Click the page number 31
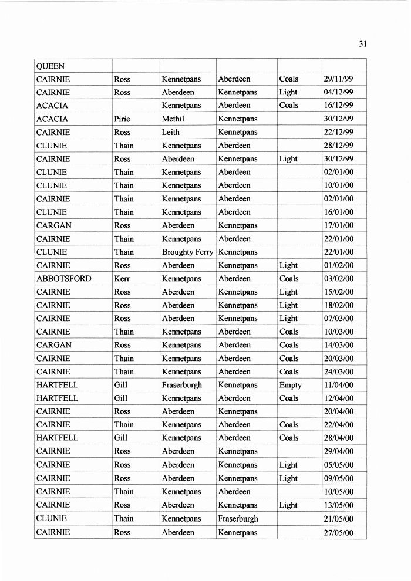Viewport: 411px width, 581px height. pos(362,43)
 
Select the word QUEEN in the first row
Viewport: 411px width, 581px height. pos(50,66)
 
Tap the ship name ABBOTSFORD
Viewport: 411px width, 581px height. pos(64,279)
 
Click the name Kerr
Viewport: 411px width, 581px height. pos(122,279)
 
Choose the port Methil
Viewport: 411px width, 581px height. pos(173,119)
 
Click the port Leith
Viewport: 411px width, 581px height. pos(171,133)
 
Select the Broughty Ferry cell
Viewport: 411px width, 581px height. pos(187,252)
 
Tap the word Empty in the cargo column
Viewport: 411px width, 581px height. pos(291,385)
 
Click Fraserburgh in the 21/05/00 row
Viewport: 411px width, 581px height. pos(238,519)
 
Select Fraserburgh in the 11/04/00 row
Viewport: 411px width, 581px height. pos(181,385)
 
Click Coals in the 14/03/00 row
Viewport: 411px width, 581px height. pos(289,345)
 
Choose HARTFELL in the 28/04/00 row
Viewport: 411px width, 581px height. pos(57,438)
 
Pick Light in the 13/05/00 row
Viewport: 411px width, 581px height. pos(288,505)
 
